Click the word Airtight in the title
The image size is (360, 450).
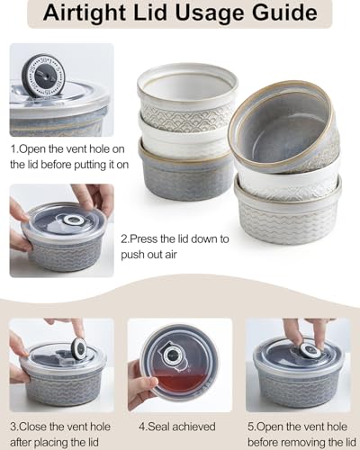tap(99, 15)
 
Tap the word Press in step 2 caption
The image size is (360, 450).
tap(154, 239)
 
